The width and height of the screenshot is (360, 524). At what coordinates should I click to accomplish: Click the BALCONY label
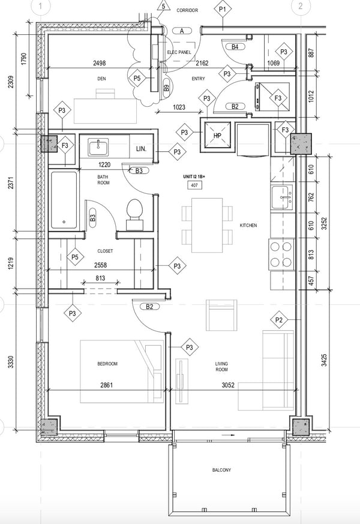pyautogui.click(x=221, y=470)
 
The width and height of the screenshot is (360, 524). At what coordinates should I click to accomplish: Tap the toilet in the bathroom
pyautogui.click(x=135, y=214)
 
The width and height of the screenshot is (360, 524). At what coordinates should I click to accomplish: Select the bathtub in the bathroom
pyautogui.click(x=64, y=200)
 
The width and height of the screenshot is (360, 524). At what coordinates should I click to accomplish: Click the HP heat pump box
pyautogui.click(x=217, y=135)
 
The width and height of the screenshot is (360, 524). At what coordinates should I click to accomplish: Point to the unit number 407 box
pyautogui.click(x=194, y=185)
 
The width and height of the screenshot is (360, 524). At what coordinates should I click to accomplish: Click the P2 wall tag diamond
pyautogui.click(x=279, y=320)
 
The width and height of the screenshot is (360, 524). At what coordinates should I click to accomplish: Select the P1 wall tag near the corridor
pyautogui.click(x=223, y=10)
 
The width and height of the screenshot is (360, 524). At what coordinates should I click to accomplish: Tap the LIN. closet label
pyautogui.click(x=141, y=149)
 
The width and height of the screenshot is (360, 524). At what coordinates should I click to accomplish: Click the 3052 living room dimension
pyautogui.click(x=228, y=385)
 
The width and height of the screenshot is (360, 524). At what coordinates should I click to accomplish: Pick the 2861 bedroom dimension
pyautogui.click(x=107, y=385)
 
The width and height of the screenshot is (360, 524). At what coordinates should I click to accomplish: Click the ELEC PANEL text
pyautogui.click(x=179, y=52)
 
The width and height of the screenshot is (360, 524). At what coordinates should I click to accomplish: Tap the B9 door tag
pyautogui.click(x=166, y=88)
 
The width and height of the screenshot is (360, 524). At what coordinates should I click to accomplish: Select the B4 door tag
pyautogui.click(x=235, y=47)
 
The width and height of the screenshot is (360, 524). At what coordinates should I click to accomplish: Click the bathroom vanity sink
pyautogui.click(x=98, y=148)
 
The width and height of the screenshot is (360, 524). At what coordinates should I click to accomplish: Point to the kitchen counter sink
pyautogui.click(x=283, y=197)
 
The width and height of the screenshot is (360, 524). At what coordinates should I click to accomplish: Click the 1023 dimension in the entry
pyautogui.click(x=179, y=107)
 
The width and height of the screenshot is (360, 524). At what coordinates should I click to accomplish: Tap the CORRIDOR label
pyautogui.click(x=187, y=10)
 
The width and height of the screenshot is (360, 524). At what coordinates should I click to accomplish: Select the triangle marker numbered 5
pyautogui.click(x=163, y=7)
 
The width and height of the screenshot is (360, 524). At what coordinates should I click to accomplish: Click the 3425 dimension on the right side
pyautogui.click(x=324, y=360)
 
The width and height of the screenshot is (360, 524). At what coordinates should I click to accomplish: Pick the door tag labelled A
pyautogui.click(x=182, y=31)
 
